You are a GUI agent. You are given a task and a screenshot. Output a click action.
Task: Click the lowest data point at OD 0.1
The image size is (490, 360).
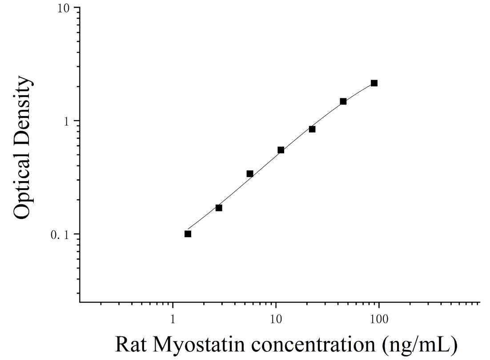tap(188, 234)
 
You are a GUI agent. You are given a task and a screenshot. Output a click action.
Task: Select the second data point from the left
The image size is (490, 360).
tap(219, 208)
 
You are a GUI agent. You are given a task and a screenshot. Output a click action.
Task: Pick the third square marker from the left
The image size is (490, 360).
tap(250, 174)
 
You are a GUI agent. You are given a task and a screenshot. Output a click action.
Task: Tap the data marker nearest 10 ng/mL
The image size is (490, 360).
tap(281, 150)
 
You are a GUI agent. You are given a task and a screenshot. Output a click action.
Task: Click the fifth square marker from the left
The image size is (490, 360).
tap(312, 129)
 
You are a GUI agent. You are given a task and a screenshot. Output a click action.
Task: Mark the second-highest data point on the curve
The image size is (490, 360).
tap(343, 101)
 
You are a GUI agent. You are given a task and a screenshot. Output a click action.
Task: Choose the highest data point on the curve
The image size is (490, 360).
tap(374, 83)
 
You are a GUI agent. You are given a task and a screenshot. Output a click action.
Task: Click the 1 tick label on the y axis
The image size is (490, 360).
tap(66, 121)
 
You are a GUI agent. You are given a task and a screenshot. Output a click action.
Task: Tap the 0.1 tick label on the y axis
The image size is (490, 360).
tap(60, 235)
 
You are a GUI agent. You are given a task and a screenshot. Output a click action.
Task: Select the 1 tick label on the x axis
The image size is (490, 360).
tap(173, 319)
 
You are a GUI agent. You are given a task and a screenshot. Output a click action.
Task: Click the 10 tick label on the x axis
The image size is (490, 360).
tap(276, 319)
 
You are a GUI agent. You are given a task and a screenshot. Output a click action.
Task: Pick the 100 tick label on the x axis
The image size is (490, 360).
tap(379, 319)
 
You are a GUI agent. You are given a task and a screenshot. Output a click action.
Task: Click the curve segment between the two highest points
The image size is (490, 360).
tap(359, 92)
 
